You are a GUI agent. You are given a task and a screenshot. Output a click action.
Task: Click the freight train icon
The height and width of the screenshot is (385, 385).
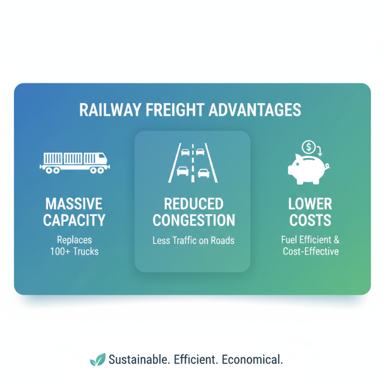75,162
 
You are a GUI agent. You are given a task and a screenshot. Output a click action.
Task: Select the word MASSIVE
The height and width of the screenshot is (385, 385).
74,203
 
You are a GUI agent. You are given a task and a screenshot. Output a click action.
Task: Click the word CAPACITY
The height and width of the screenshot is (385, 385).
74,220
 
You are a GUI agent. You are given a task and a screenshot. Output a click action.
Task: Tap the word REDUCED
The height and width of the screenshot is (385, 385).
192,203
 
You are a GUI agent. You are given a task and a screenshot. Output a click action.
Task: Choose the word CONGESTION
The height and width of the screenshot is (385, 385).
192,220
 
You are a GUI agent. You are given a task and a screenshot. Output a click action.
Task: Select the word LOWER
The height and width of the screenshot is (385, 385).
310,203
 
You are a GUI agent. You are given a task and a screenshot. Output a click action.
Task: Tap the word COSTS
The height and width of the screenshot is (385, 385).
310,220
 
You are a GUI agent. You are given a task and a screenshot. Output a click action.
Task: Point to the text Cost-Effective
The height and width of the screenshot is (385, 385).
310,251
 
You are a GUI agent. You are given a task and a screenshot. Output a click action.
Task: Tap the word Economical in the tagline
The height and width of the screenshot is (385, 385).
254,359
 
